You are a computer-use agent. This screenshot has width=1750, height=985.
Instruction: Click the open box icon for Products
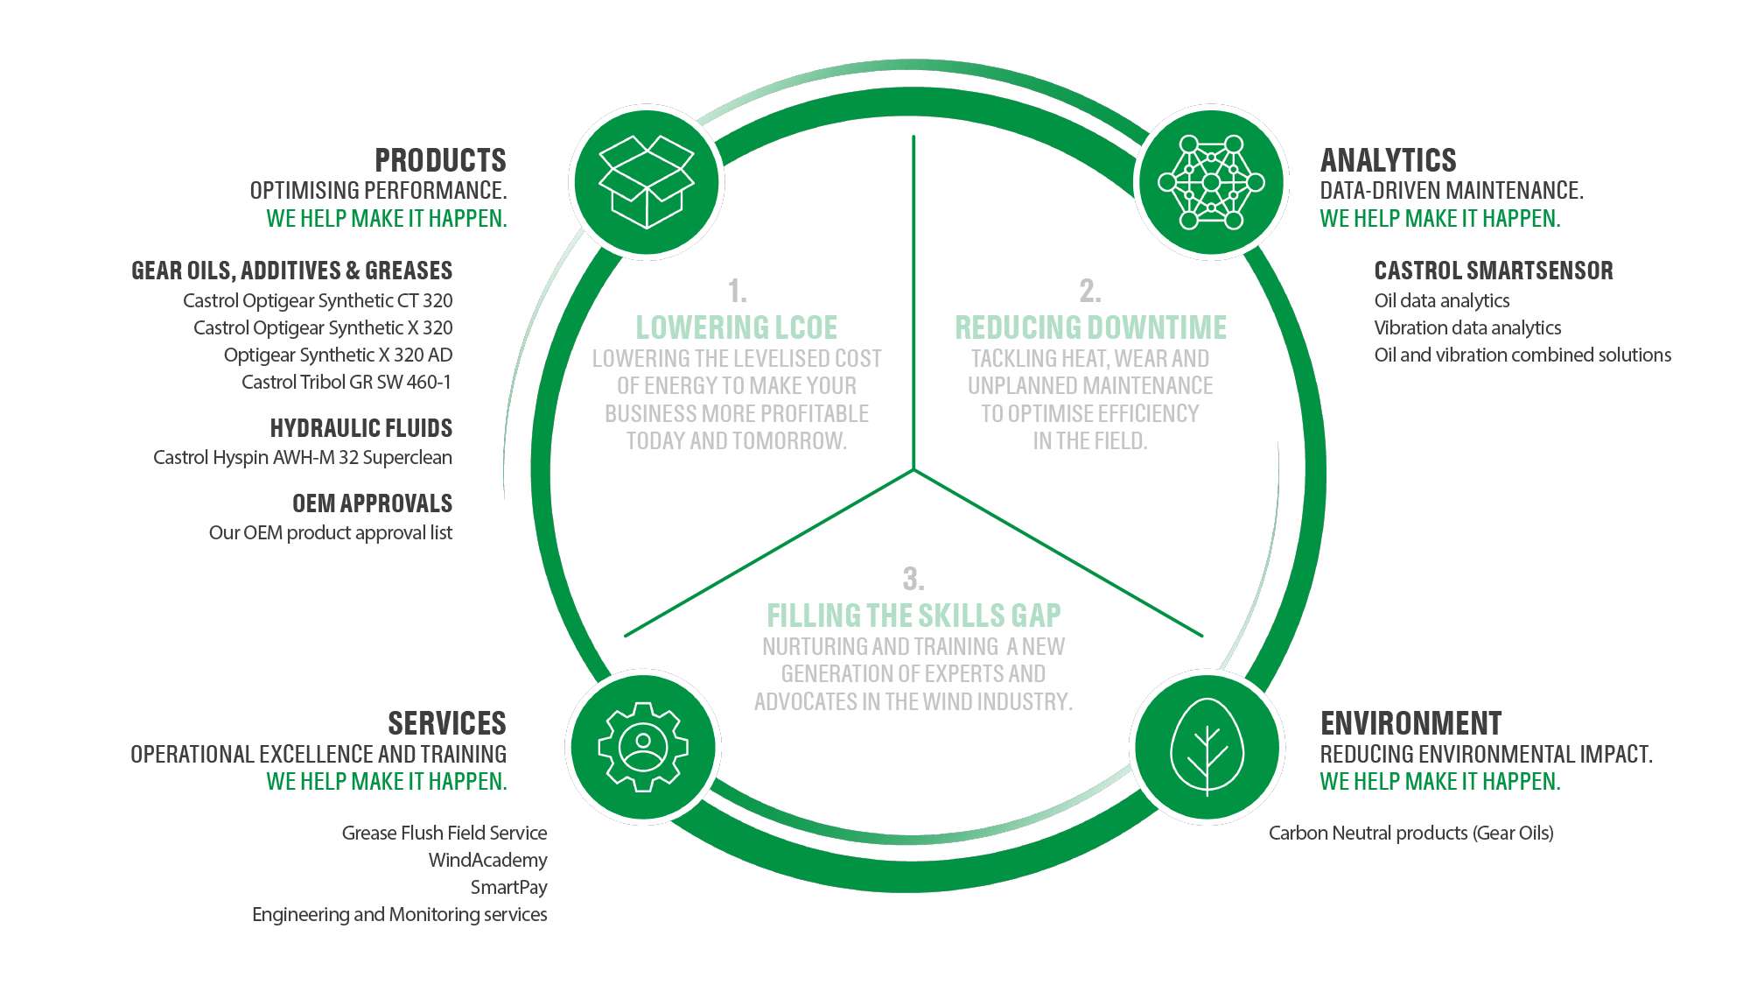[646, 182]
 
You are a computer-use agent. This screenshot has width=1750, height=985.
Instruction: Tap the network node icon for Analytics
[1211, 182]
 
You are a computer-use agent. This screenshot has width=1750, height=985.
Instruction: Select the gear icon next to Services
[643, 747]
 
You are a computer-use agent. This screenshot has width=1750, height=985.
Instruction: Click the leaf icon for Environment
[1207, 747]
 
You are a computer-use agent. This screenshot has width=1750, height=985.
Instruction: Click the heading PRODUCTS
[440, 160]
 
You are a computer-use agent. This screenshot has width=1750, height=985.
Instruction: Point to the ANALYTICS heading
[1388, 160]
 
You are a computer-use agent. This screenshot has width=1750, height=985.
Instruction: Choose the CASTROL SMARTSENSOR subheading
[1493, 271]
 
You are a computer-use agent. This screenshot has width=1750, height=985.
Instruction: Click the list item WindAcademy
[487, 860]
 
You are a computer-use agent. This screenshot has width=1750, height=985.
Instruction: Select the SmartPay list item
[508, 887]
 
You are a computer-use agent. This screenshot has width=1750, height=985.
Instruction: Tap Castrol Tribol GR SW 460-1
[346, 382]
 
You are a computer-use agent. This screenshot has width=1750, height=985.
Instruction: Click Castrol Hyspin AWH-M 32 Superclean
[303, 457]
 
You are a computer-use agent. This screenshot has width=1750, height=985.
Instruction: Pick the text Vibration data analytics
[1467, 327]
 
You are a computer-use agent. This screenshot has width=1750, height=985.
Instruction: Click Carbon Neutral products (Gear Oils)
[1410, 833]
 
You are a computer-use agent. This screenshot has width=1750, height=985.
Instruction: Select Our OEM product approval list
[330, 532]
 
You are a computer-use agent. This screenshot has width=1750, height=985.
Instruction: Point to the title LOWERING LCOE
[736, 327]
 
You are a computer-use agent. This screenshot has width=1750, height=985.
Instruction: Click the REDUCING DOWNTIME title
[1090, 327]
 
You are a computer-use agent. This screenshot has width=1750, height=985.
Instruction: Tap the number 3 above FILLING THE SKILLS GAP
[913, 579]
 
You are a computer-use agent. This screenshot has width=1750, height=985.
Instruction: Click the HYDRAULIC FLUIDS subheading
[360, 428]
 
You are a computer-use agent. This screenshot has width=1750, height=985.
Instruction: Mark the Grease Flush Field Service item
[444, 833]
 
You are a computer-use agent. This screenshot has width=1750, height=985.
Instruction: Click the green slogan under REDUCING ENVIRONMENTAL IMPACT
[1439, 781]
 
